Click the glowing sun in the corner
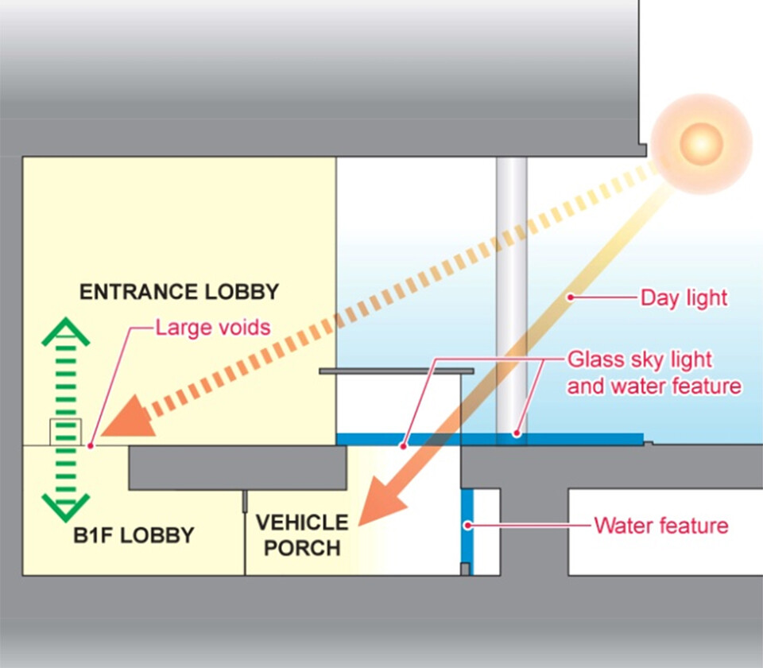pos(701,143)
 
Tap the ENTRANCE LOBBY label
pos(179,292)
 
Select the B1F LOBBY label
pos(134,535)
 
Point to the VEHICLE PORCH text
pos(301,535)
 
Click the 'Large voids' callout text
pos(212,327)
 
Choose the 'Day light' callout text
pos(684,298)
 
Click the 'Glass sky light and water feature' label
pos(653,373)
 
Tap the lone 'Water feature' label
pos(660,526)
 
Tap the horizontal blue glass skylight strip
pos(489,439)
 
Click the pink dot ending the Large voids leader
pos(92,445)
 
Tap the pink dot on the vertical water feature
pos(469,525)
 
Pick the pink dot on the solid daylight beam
pos(569,297)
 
